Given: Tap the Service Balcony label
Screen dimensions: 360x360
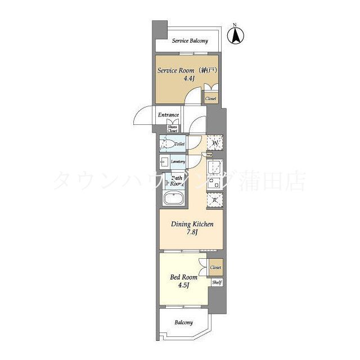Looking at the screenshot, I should pyautogui.click(x=190, y=40).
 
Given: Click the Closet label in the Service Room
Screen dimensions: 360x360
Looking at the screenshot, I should pyautogui.click(x=211, y=98).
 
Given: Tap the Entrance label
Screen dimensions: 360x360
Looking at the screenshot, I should pyautogui.click(x=168, y=115).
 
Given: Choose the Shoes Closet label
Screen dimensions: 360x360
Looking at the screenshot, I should pyautogui.click(x=172, y=129).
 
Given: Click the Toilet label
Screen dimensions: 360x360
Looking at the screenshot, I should pyautogui.click(x=179, y=145).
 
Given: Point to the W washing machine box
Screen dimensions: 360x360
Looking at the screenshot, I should pyautogui.click(x=215, y=143).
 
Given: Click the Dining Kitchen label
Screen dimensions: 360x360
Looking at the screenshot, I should pyautogui.click(x=192, y=224).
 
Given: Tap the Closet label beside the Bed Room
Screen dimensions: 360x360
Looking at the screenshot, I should pyautogui.click(x=216, y=267).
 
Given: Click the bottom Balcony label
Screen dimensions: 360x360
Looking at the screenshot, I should pyautogui.click(x=183, y=322).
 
